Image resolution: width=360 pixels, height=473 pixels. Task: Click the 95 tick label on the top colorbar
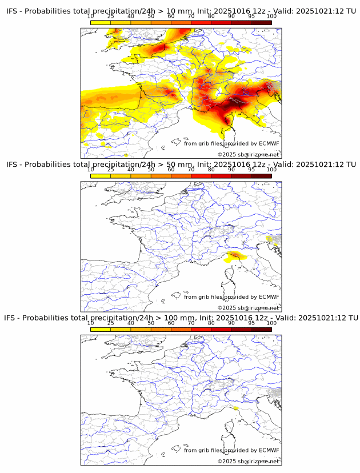[251, 16]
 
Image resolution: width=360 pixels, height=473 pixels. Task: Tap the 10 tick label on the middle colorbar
[91, 170]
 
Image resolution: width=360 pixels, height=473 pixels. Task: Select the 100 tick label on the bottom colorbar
[271, 323]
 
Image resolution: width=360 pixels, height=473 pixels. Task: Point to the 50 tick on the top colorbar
[151, 16]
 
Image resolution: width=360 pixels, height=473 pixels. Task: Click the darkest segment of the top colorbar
[261, 22]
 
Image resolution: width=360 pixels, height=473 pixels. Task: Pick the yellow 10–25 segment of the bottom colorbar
[101, 329]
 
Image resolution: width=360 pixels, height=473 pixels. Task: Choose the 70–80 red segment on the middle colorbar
[201, 176]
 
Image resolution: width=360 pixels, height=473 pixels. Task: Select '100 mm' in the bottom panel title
[179, 318]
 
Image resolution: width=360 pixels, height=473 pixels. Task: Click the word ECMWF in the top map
[269, 143]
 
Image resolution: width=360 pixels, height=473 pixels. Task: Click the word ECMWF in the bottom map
[269, 450]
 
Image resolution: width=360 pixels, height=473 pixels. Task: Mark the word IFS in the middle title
[11, 165]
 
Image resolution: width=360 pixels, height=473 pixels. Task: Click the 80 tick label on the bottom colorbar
[211, 323]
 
